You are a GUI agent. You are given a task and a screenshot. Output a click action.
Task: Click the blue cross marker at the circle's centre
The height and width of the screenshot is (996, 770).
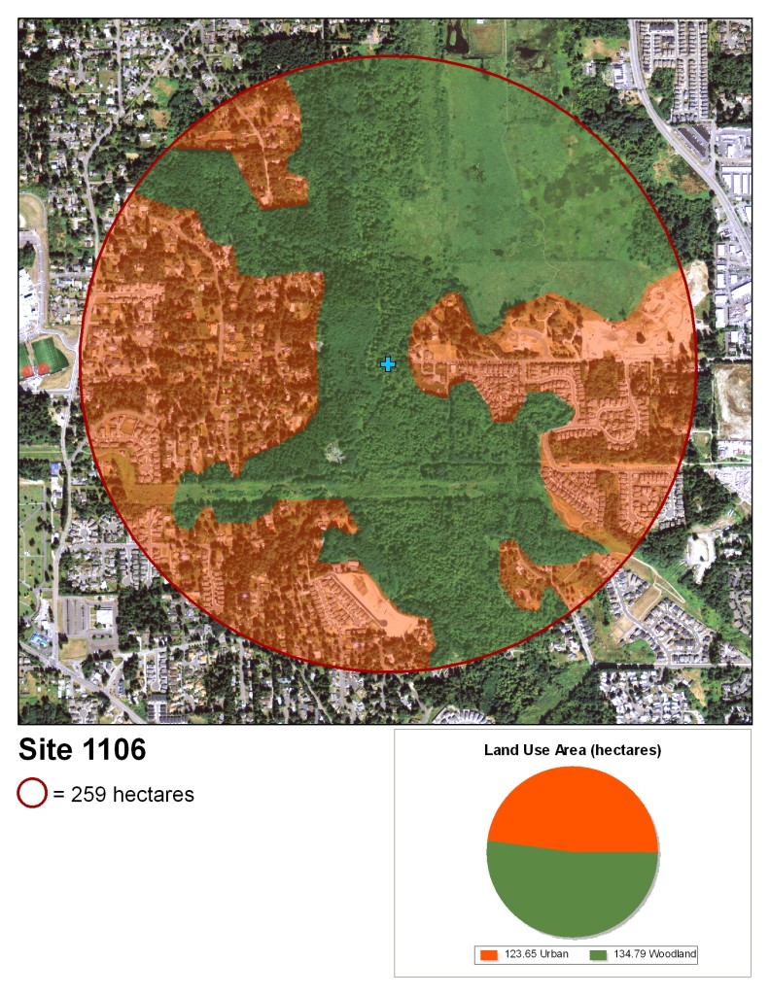(x=388, y=364)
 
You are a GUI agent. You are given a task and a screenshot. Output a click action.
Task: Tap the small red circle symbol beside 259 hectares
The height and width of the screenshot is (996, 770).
(x=32, y=794)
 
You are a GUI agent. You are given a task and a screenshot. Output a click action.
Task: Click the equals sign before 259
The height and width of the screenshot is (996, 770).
(x=59, y=795)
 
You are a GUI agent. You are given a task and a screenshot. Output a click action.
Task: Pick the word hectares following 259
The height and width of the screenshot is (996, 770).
(x=154, y=795)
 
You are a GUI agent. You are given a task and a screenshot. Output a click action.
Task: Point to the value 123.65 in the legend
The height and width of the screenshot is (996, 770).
(x=520, y=955)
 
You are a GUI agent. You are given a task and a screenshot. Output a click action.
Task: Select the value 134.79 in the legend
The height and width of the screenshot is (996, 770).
(x=631, y=955)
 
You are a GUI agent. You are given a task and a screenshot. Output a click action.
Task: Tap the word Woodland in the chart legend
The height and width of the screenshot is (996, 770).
(x=674, y=955)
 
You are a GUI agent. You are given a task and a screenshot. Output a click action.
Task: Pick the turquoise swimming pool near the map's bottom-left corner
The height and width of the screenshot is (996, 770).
(x=38, y=638)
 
